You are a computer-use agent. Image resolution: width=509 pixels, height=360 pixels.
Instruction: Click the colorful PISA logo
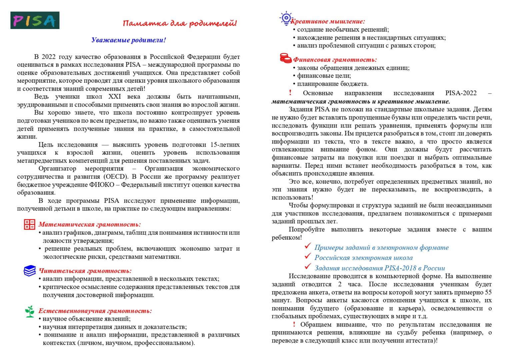point(35,20)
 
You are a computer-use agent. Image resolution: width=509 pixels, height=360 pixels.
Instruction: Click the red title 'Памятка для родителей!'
point(180,23)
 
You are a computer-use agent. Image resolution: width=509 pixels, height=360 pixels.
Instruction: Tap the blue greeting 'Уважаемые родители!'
point(129,40)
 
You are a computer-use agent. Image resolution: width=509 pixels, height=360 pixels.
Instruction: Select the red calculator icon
point(29,224)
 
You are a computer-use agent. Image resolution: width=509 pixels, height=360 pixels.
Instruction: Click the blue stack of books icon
point(30,271)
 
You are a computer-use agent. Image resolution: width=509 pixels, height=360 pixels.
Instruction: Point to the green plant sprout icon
point(30,311)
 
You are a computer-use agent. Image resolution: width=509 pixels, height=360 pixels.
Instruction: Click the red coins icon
point(285,58)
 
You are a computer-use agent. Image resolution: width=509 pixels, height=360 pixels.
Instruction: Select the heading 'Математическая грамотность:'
point(90,224)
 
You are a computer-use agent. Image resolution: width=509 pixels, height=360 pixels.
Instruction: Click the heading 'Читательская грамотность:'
point(85,271)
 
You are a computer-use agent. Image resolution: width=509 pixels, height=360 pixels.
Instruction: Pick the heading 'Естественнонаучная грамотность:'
point(95,311)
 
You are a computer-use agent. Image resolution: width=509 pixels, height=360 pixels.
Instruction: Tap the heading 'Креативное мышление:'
point(328,21)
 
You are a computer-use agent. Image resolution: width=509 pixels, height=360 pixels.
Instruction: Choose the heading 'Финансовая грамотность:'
point(335,60)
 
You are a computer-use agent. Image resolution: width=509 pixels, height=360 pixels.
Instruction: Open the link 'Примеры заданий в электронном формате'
point(381,247)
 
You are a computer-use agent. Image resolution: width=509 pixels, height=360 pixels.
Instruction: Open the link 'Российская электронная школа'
point(363,258)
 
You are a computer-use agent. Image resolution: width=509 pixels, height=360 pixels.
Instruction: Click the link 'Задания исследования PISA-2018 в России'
point(380,268)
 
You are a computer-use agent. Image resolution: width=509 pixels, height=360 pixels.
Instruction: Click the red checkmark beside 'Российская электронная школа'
point(308,256)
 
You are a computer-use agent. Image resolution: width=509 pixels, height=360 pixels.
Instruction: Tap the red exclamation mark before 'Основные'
point(290,93)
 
